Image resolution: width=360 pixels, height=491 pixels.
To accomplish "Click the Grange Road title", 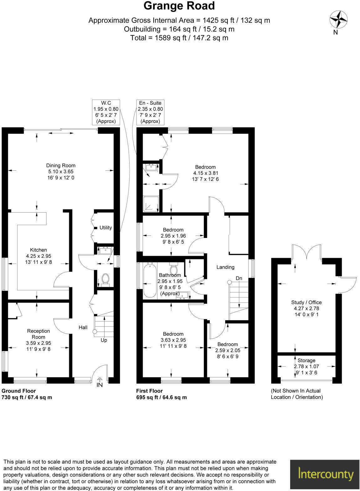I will point(179,6).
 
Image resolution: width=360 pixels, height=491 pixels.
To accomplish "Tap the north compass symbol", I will point(338,19).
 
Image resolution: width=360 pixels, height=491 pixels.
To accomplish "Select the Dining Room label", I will point(61,166).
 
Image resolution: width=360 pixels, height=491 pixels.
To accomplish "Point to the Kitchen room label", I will point(39,250).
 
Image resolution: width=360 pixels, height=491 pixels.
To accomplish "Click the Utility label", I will point(105,228).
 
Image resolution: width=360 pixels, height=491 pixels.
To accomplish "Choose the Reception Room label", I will point(39,334).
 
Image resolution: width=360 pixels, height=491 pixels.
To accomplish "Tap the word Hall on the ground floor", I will point(83,328).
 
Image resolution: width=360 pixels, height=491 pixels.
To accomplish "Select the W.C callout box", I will point(106,112).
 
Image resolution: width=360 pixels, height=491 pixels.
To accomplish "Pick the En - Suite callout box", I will point(150,112).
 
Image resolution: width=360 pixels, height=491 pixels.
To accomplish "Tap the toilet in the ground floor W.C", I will point(105,279).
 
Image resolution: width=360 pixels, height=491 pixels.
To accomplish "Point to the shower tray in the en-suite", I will point(151,204).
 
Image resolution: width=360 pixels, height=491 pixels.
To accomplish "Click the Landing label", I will point(225,267).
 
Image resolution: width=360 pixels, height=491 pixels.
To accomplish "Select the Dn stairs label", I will point(239,278).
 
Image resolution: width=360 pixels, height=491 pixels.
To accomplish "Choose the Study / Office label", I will point(306,302).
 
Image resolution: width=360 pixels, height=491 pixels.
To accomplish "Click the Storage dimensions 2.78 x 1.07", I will point(306,367).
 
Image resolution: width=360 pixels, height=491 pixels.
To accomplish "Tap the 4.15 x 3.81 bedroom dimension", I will point(205,173).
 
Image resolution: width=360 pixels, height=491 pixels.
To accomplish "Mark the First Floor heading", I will point(149,391).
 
